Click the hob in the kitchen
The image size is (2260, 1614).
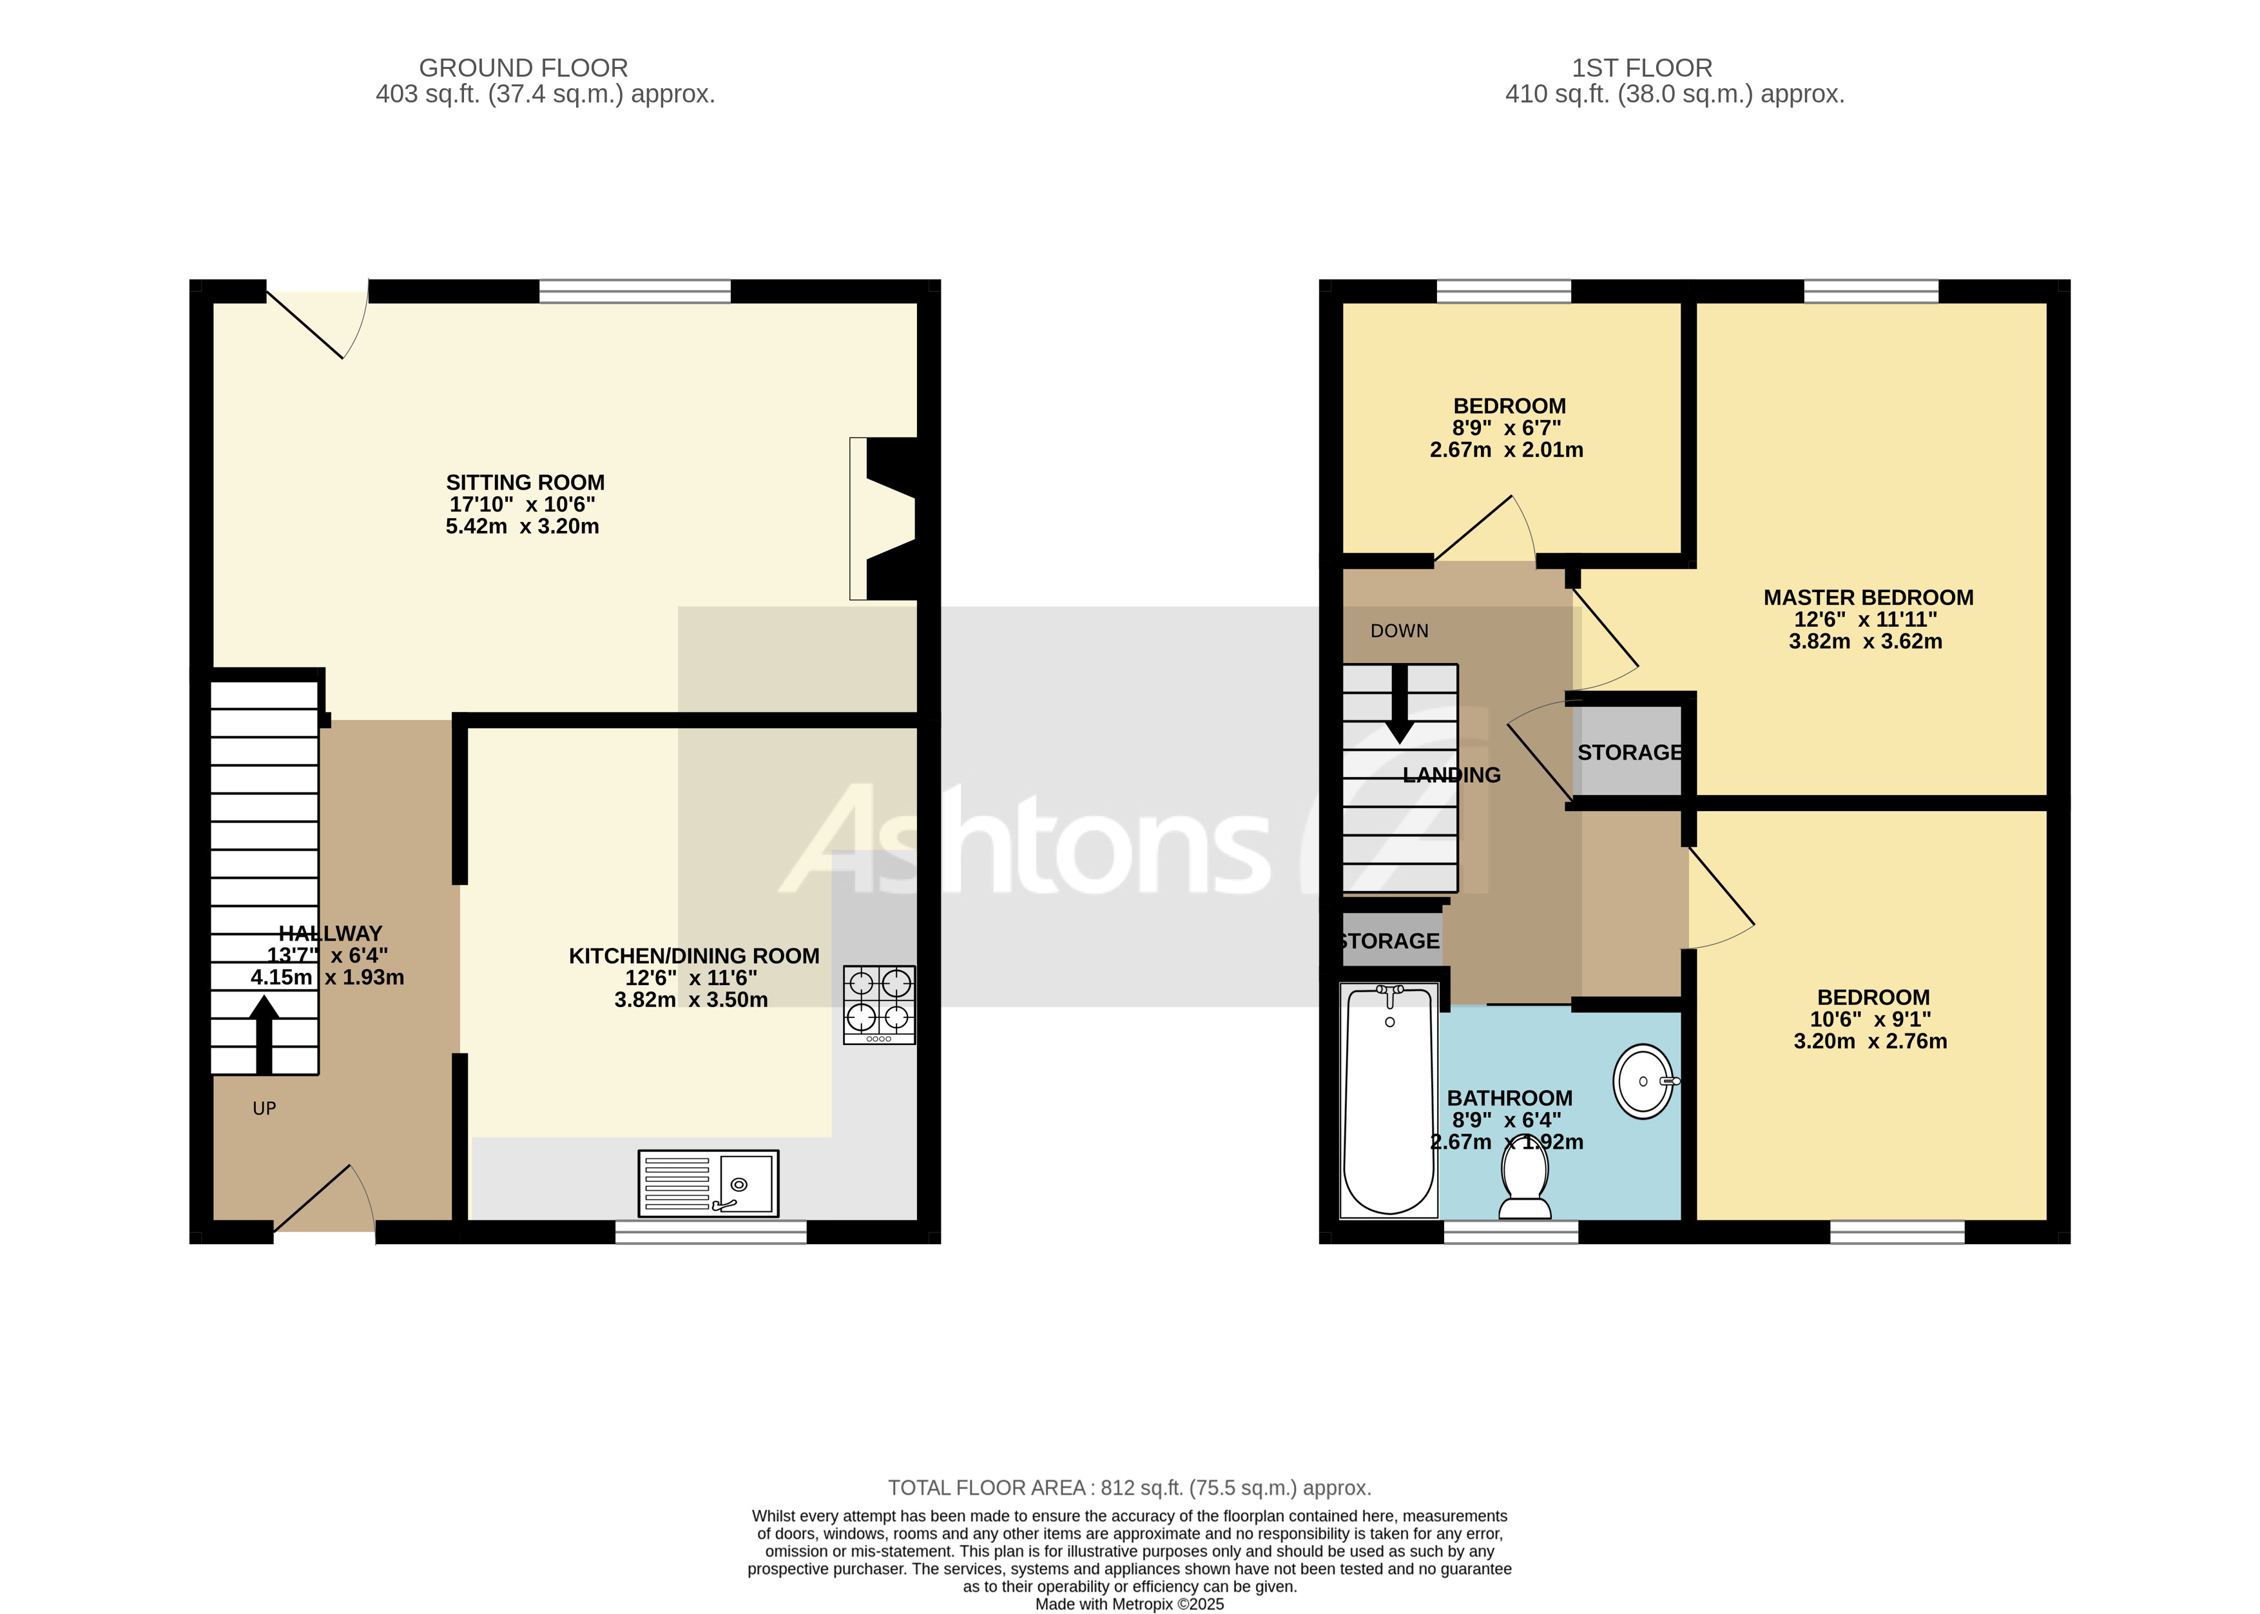tap(878, 1004)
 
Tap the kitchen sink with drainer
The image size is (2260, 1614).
tap(708, 1183)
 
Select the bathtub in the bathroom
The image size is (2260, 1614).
tap(1388, 1100)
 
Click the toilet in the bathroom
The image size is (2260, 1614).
tap(1525, 1183)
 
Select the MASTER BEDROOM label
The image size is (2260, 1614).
tap(1868, 597)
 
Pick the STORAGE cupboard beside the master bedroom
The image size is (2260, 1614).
tap(1628, 753)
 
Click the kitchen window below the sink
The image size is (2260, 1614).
tap(711, 1233)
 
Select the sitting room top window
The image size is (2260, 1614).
tap(634, 291)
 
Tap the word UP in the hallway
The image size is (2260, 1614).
tap(264, 1108)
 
